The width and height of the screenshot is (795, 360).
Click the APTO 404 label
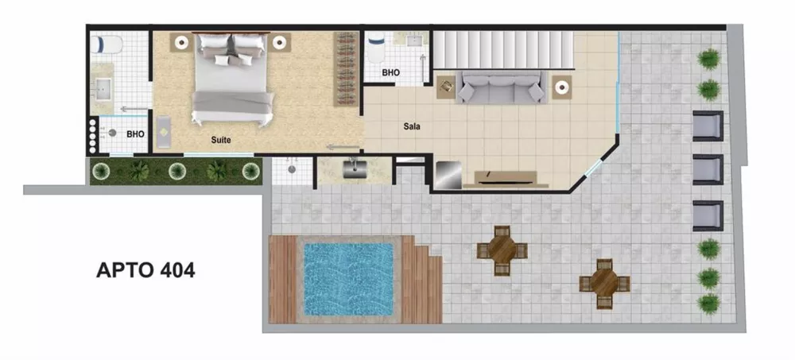click(x=145, y=270)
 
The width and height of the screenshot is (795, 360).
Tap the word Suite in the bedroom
click(x=221, y=140)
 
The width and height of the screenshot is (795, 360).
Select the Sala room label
click(x=411, y=126)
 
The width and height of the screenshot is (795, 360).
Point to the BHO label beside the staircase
click(x=390, y=72)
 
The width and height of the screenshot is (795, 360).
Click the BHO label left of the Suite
click(x=135, y=134)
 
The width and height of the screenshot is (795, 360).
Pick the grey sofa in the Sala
click(x=499, y=86)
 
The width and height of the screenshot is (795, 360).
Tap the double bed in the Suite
click(x=231, y=79)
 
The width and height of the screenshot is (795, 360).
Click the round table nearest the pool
click(x=502, y=250)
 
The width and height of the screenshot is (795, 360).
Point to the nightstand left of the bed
click(x=182, y=42)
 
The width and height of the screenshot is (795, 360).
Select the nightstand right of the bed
click(x=279, y=42)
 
